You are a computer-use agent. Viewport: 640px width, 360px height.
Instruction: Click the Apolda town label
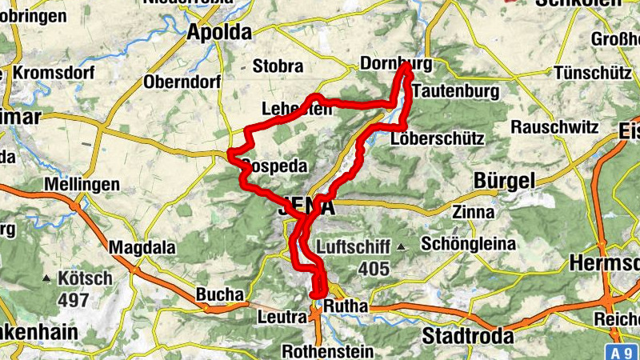point(218,32)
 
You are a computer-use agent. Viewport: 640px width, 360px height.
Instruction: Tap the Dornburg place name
point(396,63)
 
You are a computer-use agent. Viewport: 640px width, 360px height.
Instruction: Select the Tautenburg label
point(456,91)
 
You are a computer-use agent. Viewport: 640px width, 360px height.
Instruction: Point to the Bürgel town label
point(504,181)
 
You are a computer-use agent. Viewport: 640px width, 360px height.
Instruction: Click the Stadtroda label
point(467,336)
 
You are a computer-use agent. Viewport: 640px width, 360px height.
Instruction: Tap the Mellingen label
point(82,185)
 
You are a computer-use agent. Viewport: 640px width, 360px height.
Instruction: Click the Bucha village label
point(219,294)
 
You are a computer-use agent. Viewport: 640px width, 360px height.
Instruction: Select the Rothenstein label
point(327,351)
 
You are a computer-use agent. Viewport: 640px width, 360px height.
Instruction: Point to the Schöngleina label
point(468,244)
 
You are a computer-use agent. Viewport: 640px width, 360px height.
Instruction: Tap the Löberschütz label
point(438,138)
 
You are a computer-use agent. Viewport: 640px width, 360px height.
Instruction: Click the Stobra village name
point(278,66)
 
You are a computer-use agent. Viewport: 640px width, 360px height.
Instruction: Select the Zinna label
point(469,212)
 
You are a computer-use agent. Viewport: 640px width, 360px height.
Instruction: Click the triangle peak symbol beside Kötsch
point(48,279)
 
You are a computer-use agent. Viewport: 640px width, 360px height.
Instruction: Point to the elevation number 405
point(373,270)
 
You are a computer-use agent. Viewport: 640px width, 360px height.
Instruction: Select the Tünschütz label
point(593,72)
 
